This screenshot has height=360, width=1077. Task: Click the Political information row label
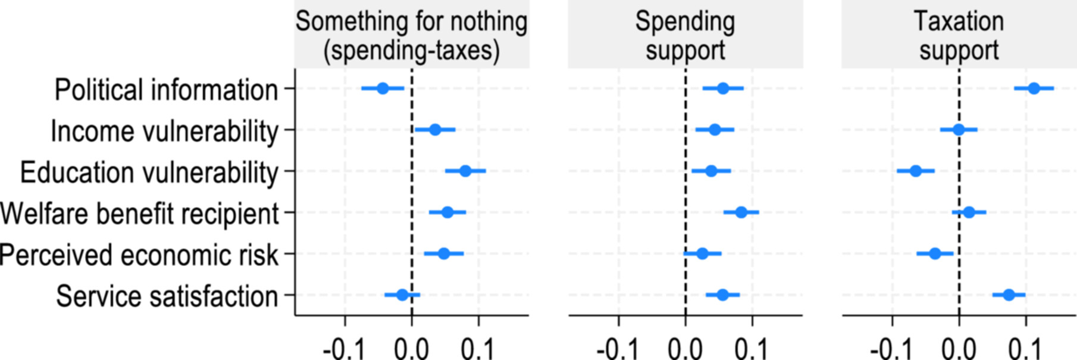tap(166, 90)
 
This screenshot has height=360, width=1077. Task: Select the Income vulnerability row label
tap(164, 131)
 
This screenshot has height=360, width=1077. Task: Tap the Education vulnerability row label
tap(149, 173)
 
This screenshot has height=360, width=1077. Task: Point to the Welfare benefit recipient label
tap(139, 214)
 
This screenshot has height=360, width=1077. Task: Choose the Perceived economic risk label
tap(139, 255)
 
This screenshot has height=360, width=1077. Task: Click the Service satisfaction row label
tap(167, 296)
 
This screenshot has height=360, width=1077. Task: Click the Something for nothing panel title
tap(411, 36)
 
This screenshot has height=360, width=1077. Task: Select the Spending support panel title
tap(685, 36)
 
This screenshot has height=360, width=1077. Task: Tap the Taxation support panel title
tap(959, 36)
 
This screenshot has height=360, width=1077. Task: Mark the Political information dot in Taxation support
tap(1034, 89)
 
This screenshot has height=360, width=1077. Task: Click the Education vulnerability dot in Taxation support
tap(916, 171)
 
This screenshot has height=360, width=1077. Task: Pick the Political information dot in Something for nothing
tap(383, 89)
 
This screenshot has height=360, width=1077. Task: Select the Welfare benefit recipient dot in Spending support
tap(741, 212)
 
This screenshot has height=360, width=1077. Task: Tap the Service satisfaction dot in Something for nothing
tap(402, 295)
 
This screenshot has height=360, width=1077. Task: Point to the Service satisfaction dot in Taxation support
tap(1009, 295)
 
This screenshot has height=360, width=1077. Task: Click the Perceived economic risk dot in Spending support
tap(702, 253)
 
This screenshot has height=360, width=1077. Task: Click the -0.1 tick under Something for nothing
tap(345, 348)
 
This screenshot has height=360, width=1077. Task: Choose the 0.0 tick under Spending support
tap(685, 348)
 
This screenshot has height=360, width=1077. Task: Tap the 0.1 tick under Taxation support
tap(1025, 348)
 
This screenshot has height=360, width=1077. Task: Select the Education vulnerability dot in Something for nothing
tap(465, 171)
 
